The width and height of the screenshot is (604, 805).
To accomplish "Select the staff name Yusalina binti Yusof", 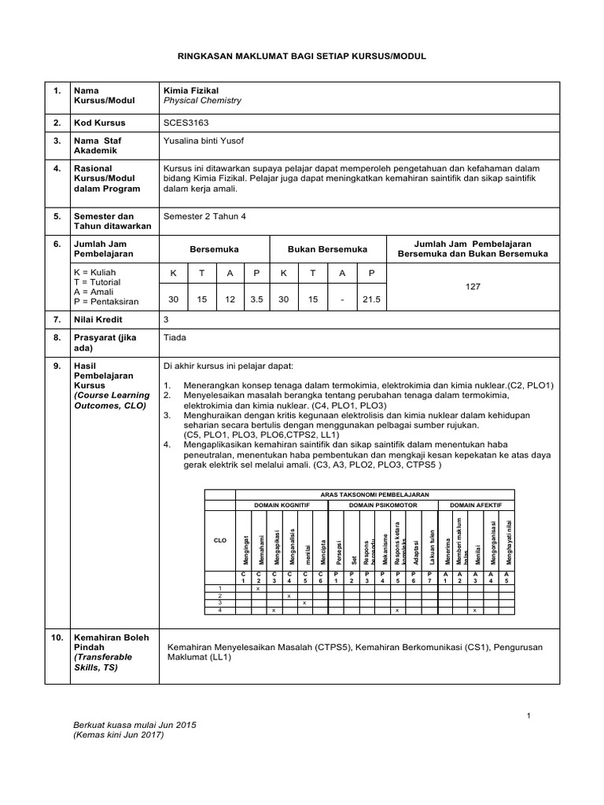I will pos(204,141).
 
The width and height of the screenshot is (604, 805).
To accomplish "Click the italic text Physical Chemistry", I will pos(201,101).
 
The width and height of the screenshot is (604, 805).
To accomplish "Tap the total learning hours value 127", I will pos(473,288).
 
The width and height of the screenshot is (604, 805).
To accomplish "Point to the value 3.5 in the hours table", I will pos(256,299).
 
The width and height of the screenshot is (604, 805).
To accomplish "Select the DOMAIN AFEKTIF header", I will pos(477,504).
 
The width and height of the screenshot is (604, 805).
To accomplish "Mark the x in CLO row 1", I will pos(258,589).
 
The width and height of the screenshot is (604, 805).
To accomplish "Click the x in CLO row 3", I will pos(304,603).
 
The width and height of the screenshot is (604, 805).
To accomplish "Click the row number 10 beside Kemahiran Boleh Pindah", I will pos(57,638).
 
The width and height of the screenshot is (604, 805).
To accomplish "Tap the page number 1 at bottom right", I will pos(529,715).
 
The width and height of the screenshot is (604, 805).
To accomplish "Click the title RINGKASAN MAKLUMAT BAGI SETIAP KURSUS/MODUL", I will pos(301,57).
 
